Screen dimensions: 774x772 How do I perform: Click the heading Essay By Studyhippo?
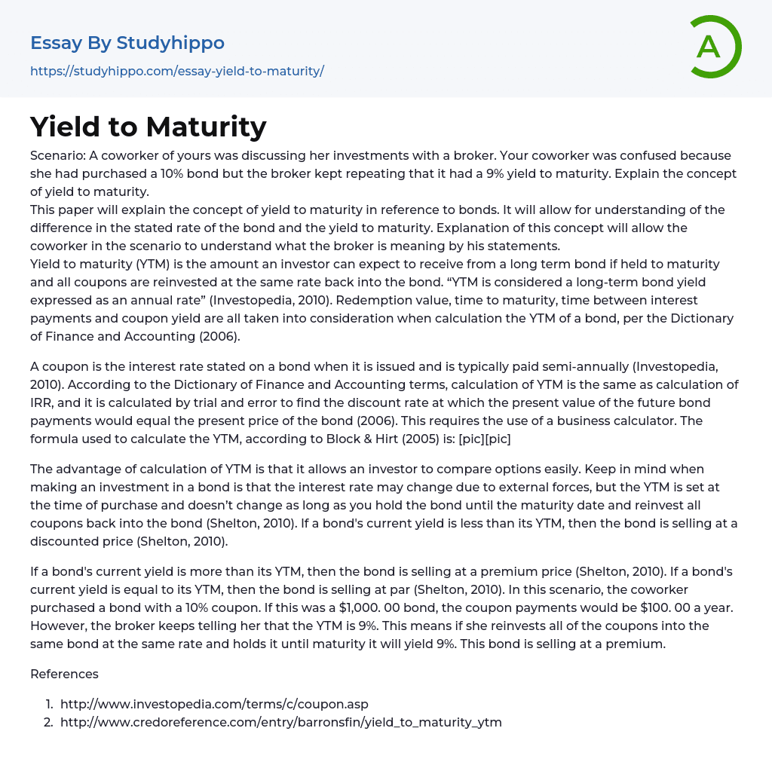[x=127, y=43]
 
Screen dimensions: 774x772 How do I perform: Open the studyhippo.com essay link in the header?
[x=177, y=72]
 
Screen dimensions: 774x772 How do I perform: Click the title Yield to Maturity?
[x=149, y=127]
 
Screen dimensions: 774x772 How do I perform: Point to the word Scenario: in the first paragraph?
[x=57, y=156]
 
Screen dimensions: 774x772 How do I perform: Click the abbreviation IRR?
[x=42, y=402]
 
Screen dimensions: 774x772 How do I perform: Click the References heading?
[x=64, y=674]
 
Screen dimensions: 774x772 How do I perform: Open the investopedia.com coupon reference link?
[x=214, y=704]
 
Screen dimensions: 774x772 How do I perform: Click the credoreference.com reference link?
[x=280, y=722]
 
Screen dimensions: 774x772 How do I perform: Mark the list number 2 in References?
[x=48, y=722]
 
